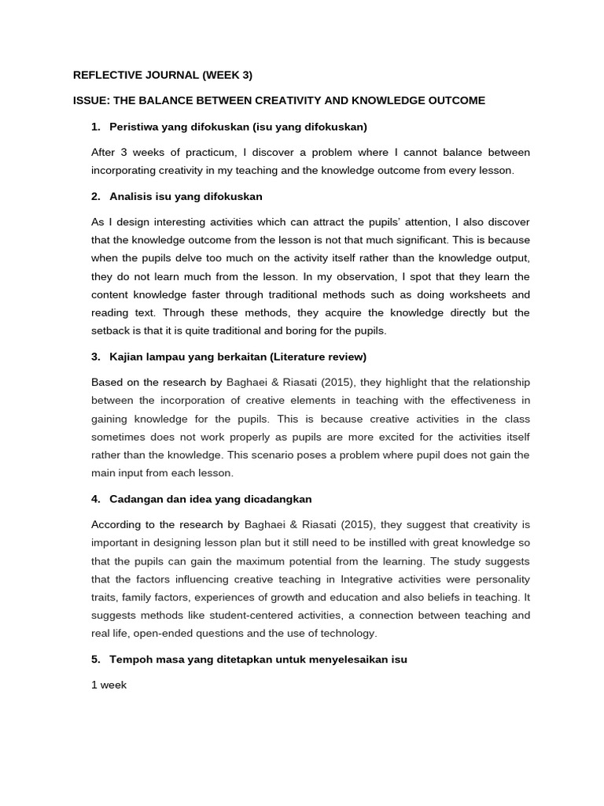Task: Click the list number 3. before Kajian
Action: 96,357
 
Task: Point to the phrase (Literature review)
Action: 318,357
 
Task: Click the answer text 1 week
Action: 109,686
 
